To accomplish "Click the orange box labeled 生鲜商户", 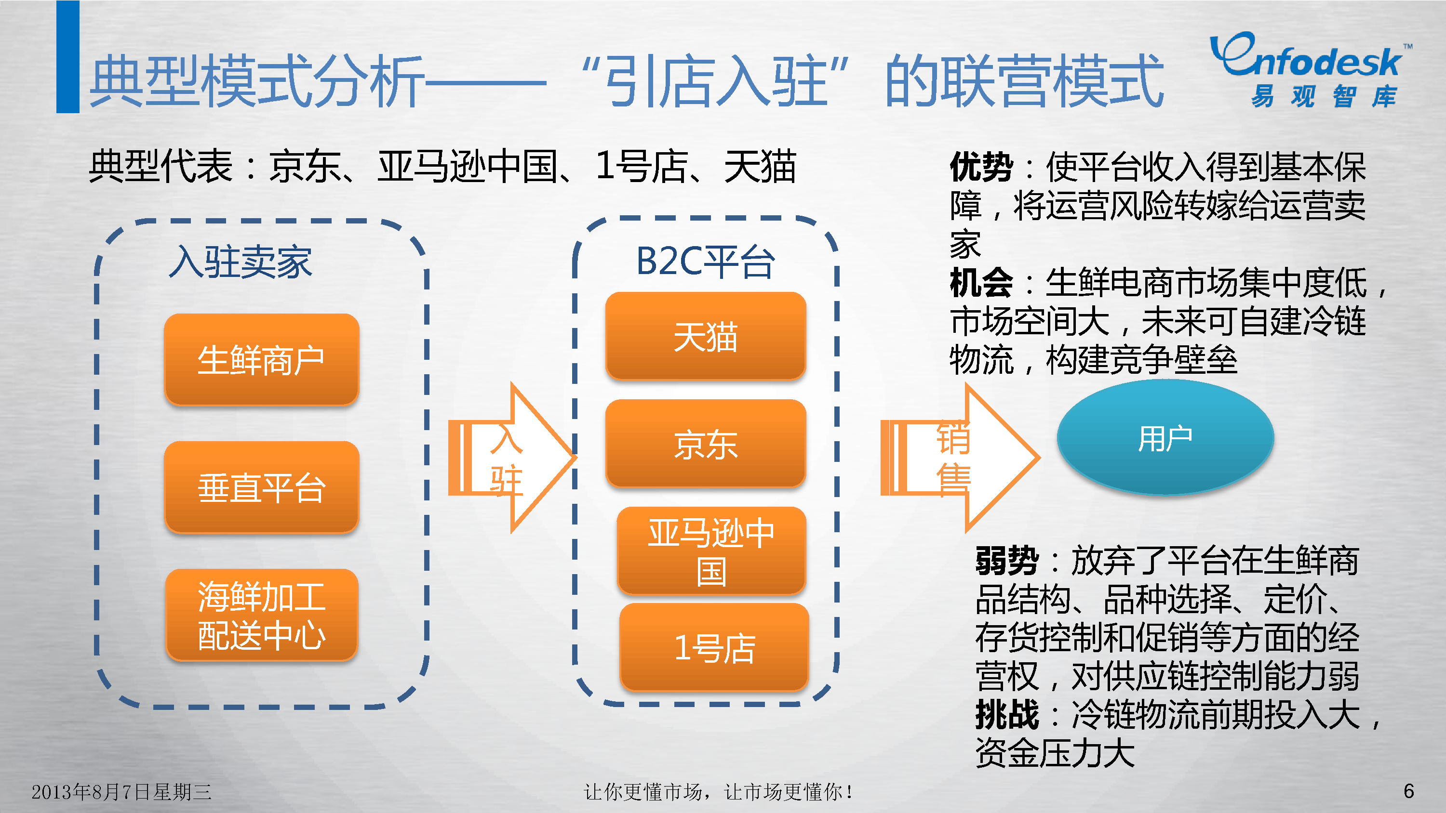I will click(x=262, y=359).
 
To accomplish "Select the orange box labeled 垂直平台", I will click(x=262, y=486).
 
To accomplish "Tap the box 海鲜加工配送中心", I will click(x=262, y=615).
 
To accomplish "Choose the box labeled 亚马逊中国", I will click(x=711, y=551).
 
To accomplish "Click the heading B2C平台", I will click(x=705, y=262).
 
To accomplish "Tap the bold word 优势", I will click(x=981, y=167).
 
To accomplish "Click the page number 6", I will click(x=1408, y=791).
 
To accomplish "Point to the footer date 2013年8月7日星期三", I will click(x=121, y=792).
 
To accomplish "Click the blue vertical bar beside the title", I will click(x=68, y=56).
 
